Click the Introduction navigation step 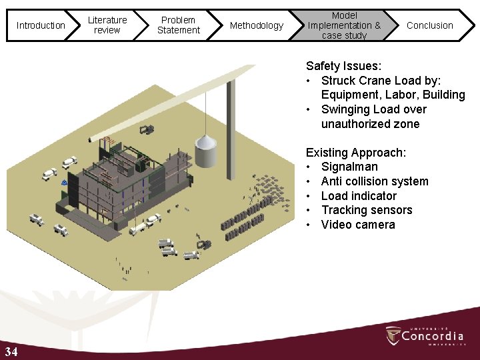[x=40, y=25]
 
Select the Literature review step [x=107, y=25]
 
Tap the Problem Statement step [x=178, y=25]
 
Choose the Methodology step [x=256, y=25]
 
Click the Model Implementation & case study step [x=344, y=25]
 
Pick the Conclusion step [x=429, y=25]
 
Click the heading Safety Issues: [x=343, y=66]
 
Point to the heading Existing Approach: [x=355, y=153]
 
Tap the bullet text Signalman [x=349, y=167]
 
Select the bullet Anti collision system [x=375, y=181]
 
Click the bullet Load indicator [x=359, y=196]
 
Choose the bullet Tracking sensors [x=367, y=211]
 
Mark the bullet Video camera [x=358, y=225]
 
